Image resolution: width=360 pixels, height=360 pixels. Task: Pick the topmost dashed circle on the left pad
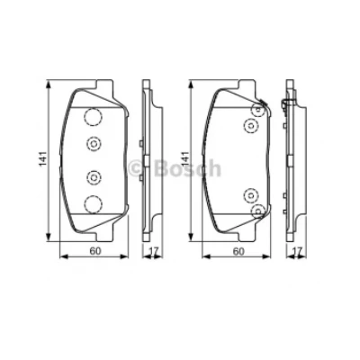tap(93, 116)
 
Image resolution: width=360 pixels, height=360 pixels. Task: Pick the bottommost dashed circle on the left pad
tap(92, 203)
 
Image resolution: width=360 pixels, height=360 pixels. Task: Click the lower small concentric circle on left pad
tap(93, 176)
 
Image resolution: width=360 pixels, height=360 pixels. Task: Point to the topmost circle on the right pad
tap(258, 110)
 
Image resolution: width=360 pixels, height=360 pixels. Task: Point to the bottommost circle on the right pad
tap(258, 209)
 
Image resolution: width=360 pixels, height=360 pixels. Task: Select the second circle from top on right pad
tap(252, 125)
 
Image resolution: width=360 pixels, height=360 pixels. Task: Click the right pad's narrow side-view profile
tap(291, 159)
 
